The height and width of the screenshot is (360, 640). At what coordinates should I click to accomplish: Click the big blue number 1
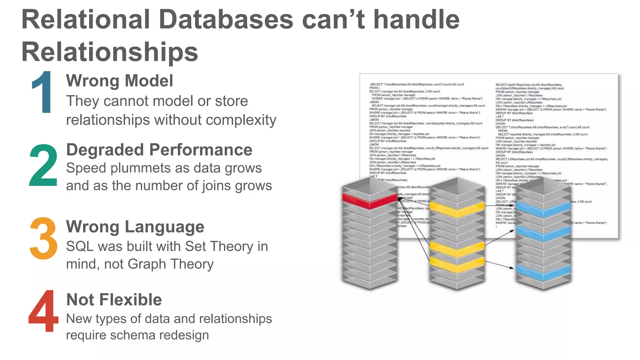click(x=43, y=92)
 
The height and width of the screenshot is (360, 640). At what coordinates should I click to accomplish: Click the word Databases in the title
click(x=226, y=19)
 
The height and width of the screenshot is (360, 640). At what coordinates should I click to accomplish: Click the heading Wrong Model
click(x=119, y=81)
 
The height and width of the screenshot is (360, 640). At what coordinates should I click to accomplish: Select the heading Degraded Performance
click(x=159, y=150)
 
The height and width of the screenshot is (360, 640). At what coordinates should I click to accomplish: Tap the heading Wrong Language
click(x=135, y=227)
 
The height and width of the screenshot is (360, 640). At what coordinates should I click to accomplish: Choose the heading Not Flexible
click(x=114, y=299)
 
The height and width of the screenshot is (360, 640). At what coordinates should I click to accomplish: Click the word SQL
click(x=80, y=246)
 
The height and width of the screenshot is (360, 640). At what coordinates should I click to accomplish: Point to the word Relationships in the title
click(x=110, y=52)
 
